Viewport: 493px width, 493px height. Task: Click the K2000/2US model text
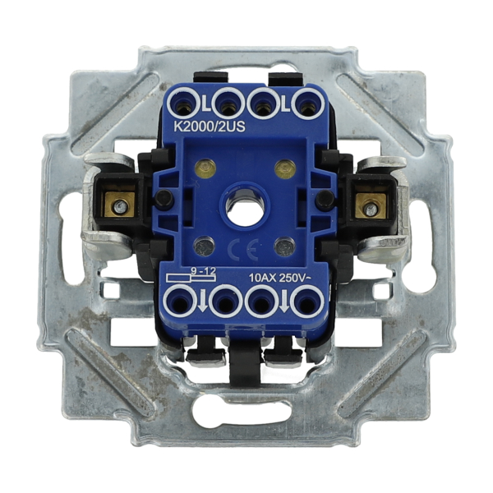(210, 127)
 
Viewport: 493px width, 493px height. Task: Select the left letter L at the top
(205, 106)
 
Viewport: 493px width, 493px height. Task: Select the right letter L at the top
(285, 106)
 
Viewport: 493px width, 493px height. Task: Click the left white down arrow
(203, 302)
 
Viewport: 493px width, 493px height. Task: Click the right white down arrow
(284, 302)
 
